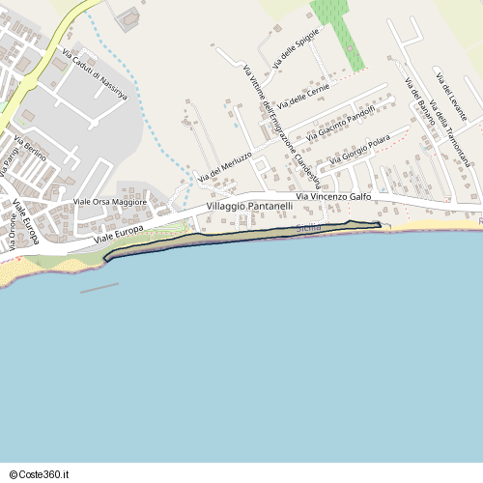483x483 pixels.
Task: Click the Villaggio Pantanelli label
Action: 249,207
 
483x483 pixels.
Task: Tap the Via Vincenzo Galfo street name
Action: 333,197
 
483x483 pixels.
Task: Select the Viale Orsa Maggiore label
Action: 110,202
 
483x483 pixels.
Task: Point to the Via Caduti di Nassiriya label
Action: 95,75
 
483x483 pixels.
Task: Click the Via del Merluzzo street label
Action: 225,167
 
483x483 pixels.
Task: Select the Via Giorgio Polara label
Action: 359,152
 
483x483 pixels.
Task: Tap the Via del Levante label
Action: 450,96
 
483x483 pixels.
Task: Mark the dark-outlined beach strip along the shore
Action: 241,236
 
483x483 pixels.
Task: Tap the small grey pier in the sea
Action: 99,287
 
